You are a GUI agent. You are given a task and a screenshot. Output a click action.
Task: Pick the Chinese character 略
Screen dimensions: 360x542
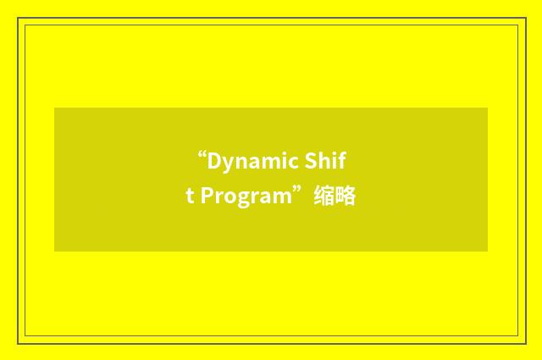(x=345, y=197)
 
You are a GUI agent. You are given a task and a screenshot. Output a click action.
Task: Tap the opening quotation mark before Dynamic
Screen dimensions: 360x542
(x=202, y=155)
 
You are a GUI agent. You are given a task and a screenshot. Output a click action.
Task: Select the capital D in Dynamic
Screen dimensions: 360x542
(x=213, y=161)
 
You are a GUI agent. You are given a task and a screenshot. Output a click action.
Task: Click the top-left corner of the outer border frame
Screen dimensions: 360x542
(x=18, y=18)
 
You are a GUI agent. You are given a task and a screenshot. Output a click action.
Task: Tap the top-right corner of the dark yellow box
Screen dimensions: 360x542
(x=487, y=108)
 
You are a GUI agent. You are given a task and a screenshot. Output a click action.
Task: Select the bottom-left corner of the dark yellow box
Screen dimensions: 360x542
(x=55, y=251)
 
